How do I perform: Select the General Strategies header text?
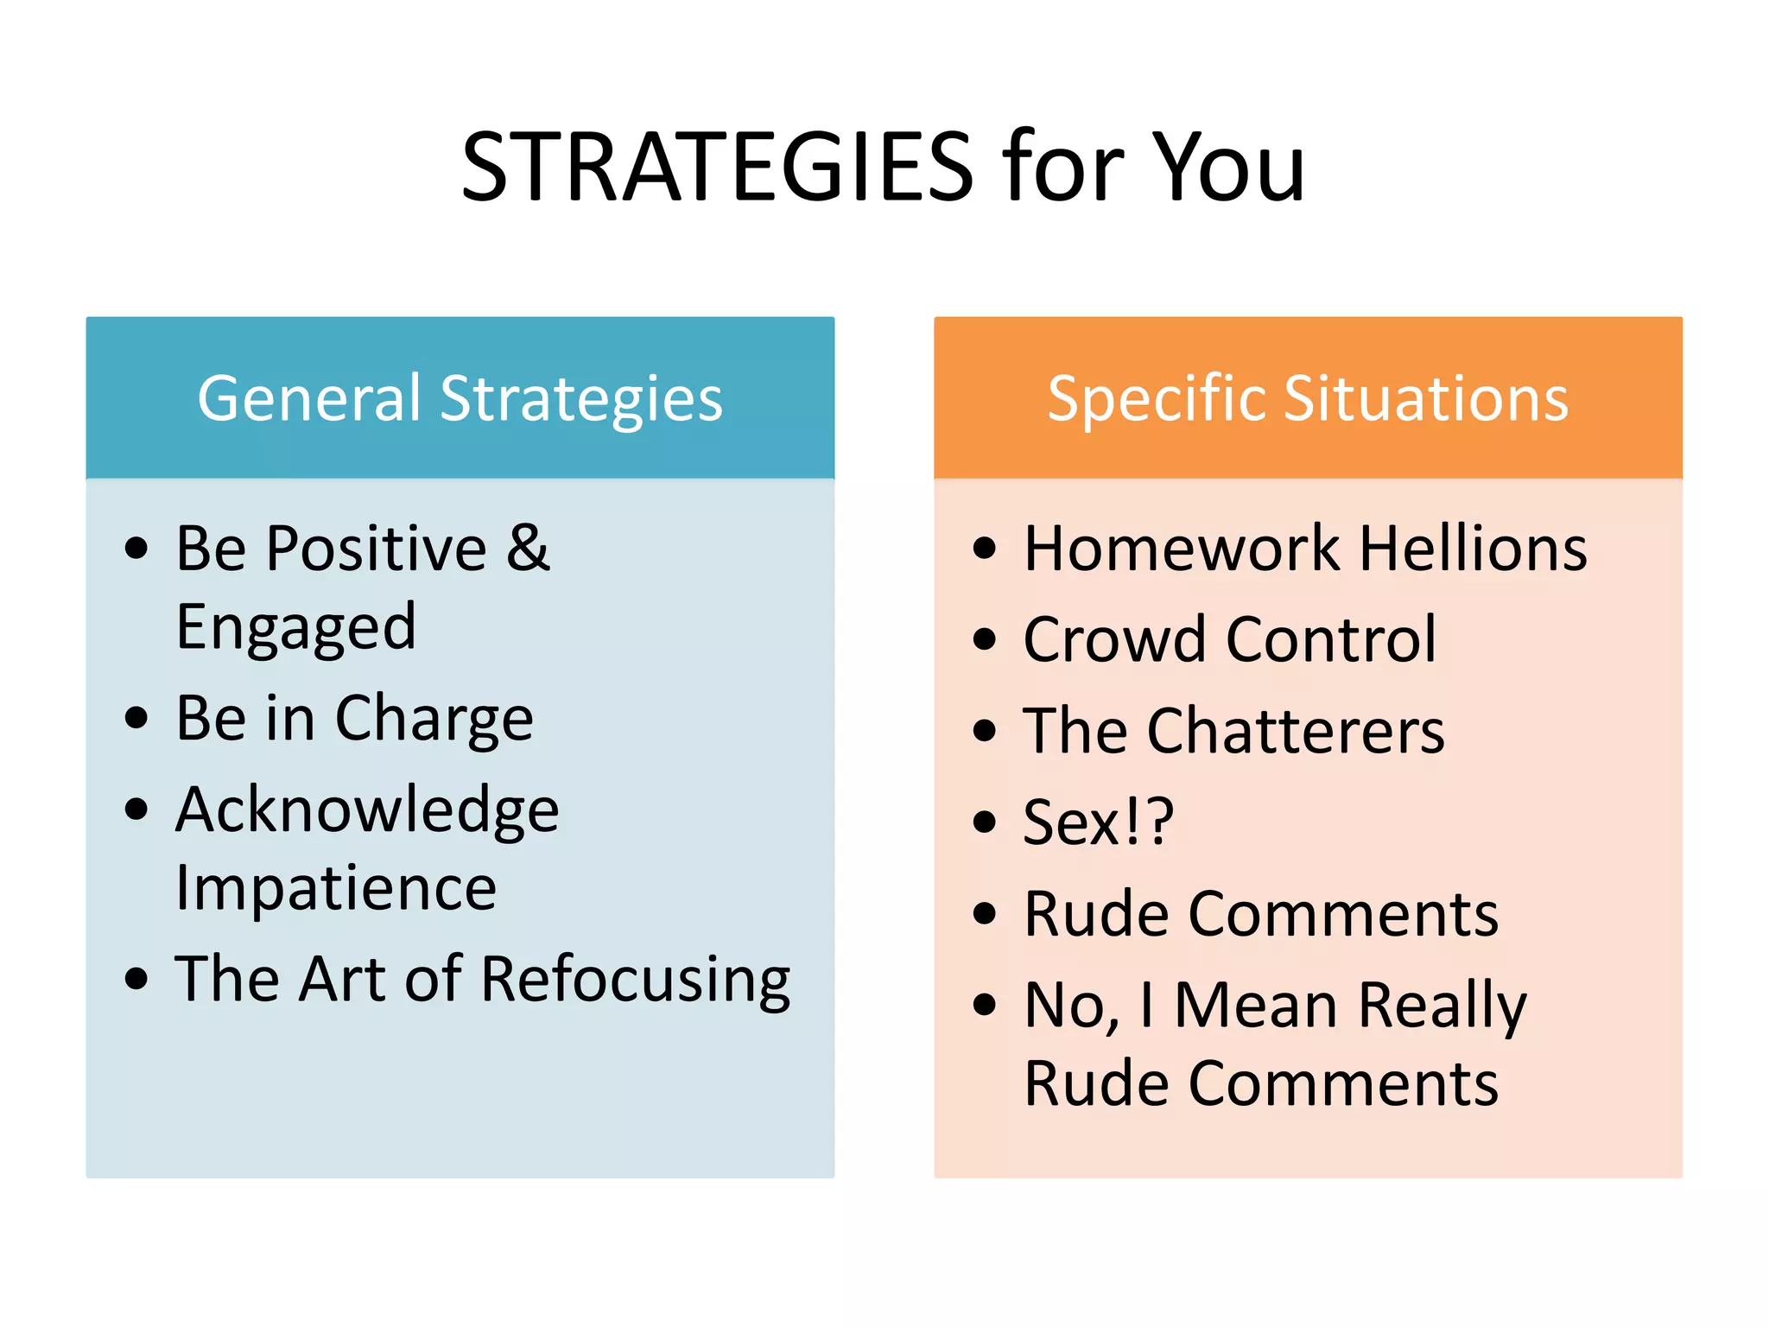point(460,398)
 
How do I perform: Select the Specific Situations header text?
point(1308,398)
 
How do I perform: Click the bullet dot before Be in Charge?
point(136,717)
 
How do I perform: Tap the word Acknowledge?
point(367,810)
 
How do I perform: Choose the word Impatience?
point(336,887)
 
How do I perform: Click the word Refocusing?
point(635,980)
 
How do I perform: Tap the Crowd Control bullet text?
point(1230,640)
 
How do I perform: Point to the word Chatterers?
point(1296,731)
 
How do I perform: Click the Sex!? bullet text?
point(1098,822)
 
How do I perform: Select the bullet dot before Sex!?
point(984,822)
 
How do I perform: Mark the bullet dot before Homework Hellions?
point(984,548)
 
